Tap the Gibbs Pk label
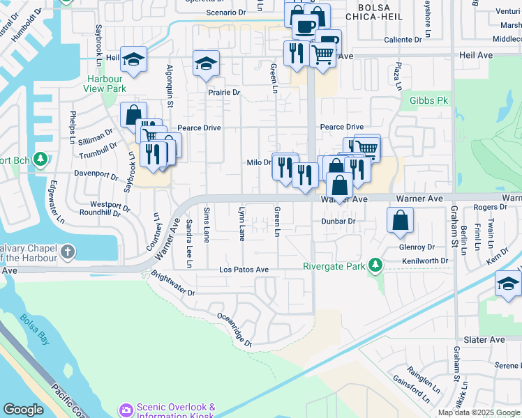(x=428, y=101)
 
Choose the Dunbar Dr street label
(x=338, y=221)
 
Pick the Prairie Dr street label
(x=223, y=92)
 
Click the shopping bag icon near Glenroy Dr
(x=401, y=221)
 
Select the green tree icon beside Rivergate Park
(x=376, y=265)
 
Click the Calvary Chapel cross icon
(x=67, y=251)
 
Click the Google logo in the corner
(x=23, y=410)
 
